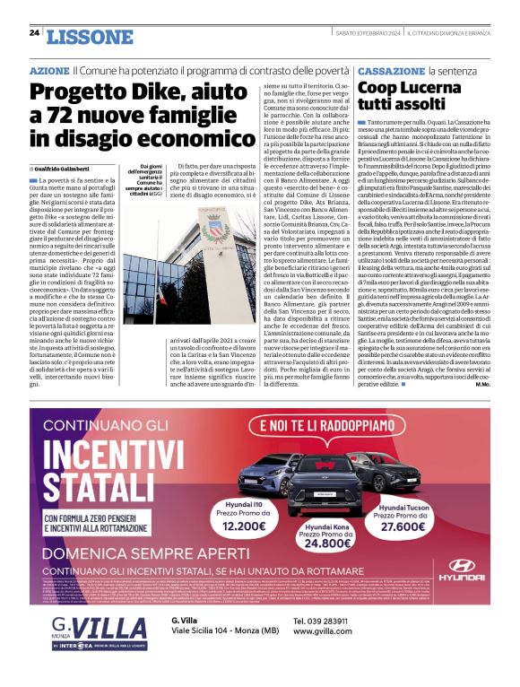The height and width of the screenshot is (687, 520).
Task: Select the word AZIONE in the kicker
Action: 48,69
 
